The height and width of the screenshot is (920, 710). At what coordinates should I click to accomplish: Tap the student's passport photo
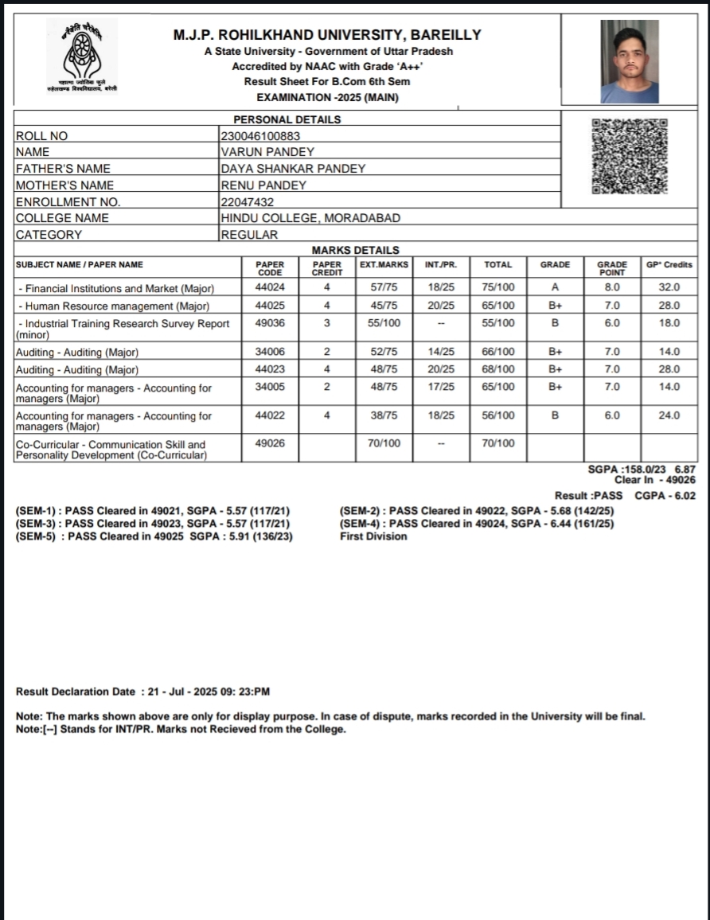pos(630,61)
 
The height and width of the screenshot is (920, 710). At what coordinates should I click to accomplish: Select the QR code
pos(630,156)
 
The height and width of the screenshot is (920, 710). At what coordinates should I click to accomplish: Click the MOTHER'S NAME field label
pos(64,185)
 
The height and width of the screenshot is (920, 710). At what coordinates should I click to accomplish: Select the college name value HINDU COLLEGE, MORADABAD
pos(310,218)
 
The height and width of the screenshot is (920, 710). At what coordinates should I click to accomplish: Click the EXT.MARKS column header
pos(384,264)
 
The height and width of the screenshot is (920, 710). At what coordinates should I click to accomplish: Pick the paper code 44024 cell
pos(270,287)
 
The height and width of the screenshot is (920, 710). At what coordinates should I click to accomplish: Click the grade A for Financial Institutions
pos(555,287)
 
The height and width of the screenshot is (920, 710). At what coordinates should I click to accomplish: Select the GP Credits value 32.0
pos(669,287)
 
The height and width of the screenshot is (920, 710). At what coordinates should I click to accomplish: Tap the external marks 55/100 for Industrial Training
pos(384,323)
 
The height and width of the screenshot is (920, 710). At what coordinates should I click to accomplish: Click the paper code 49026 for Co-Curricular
pos(270,443)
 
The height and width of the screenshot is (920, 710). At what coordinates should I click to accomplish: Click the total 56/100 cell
pos(498,415)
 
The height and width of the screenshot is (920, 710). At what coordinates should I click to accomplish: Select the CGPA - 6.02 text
pos(665,495)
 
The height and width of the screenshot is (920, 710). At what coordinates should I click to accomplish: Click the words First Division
pos(373,536)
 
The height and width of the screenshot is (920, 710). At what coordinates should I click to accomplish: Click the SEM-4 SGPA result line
pos(477,524)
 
